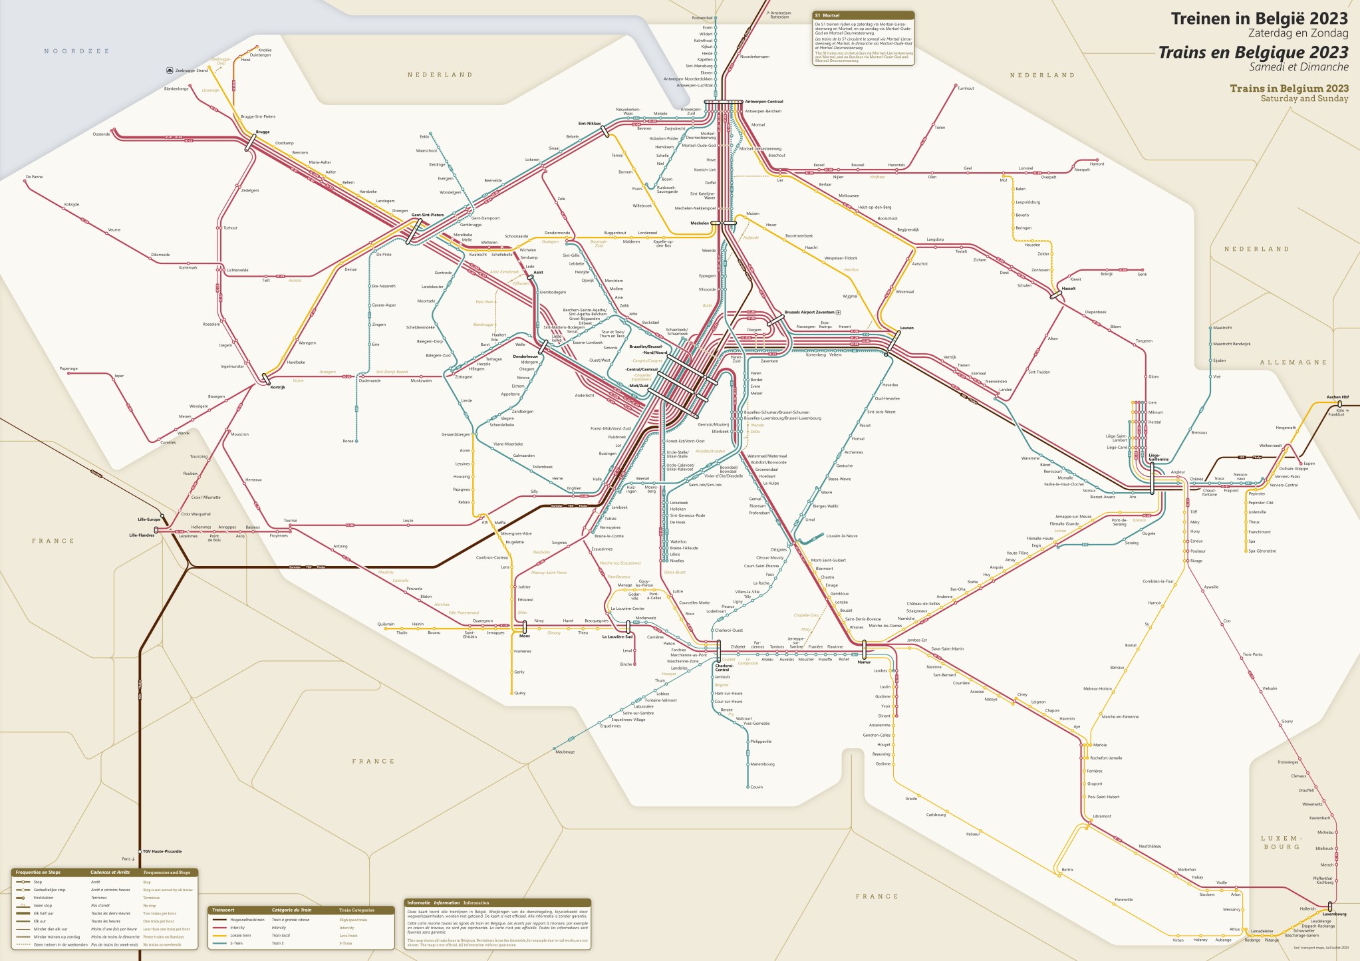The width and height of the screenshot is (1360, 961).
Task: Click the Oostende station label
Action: point(101,134)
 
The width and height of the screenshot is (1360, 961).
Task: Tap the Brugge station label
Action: point(263,132)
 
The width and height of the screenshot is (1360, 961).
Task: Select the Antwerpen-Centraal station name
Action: point(763,102)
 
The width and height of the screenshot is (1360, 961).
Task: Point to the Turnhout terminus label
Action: point(966,88)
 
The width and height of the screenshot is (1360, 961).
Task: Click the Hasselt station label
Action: point(1069,289)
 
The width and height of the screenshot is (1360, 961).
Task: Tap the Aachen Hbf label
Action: point(1337,397)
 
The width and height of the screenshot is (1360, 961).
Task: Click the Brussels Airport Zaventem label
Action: point(809,312)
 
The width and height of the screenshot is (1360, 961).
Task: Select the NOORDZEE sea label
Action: point(76,51)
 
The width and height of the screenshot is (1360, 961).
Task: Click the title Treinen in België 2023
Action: point(1259,19)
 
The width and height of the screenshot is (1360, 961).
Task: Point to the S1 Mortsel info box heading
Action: point(831,15)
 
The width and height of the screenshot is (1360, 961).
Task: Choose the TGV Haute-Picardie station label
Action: point(162,851)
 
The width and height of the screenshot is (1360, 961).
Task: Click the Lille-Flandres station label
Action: point(142,535)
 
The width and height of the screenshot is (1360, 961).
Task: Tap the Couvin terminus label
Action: point(756,787)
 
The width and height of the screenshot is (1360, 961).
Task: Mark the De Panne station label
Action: point(34,177)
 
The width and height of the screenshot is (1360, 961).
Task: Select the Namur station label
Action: point(864,662)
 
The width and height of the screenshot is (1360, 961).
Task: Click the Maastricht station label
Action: point(1222,328)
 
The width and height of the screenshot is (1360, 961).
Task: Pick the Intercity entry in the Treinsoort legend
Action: point(237,928)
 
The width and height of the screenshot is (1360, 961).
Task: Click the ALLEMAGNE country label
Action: point(1293,362)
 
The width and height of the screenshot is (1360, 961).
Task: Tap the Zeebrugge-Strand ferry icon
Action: point(170,70)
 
